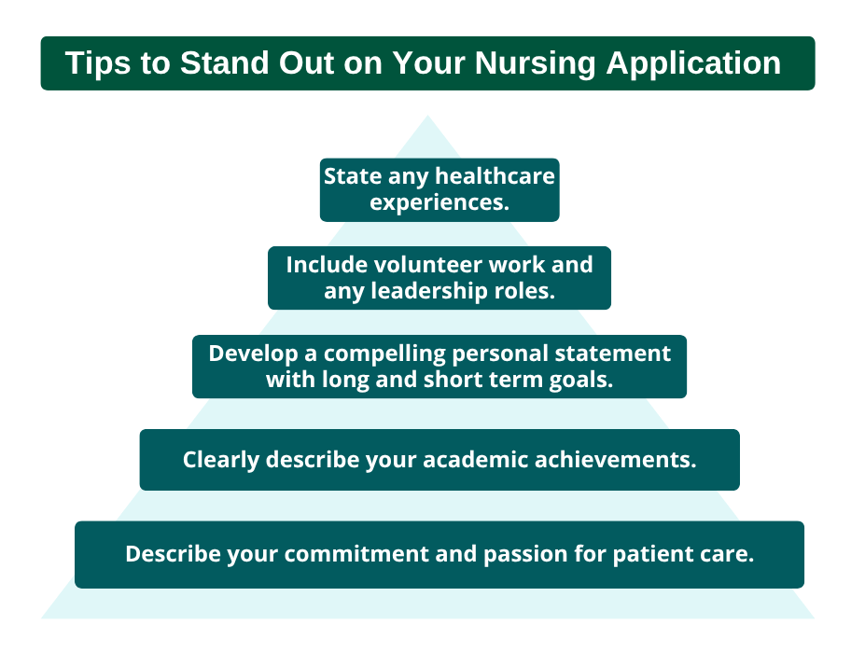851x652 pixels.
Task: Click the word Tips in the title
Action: click(x=98, y=63)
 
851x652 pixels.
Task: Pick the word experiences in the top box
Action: click(x=439, y=202)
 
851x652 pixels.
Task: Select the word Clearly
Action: click(x=220, y=460)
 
